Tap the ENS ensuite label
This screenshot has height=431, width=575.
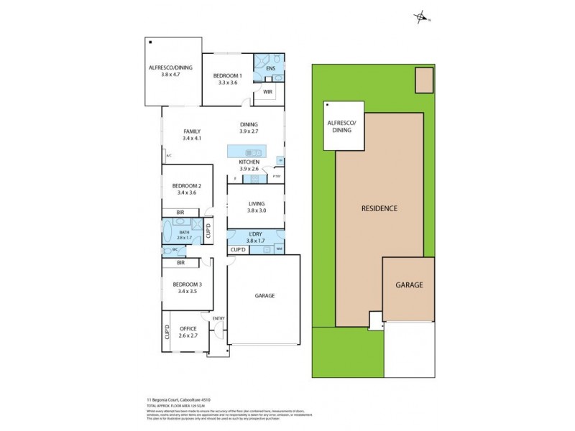(270, 69)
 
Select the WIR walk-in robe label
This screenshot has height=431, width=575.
(267, 92)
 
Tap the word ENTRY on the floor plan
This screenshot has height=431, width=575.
(218, 318)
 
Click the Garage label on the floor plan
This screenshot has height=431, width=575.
(264, 295)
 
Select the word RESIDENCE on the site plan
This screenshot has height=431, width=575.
(379, 208)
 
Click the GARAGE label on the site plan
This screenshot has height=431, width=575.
(409, 284)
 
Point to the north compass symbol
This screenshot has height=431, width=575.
(422, 18)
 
